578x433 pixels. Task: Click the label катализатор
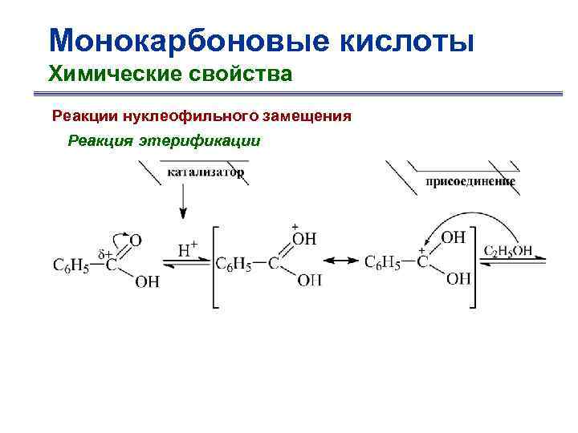click(206, 172)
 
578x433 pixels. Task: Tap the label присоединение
click(470, 181)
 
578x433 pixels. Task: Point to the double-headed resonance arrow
click(340, 261)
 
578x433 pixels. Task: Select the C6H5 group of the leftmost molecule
click(71, 263)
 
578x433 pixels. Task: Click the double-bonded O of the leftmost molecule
click(136, 239)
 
